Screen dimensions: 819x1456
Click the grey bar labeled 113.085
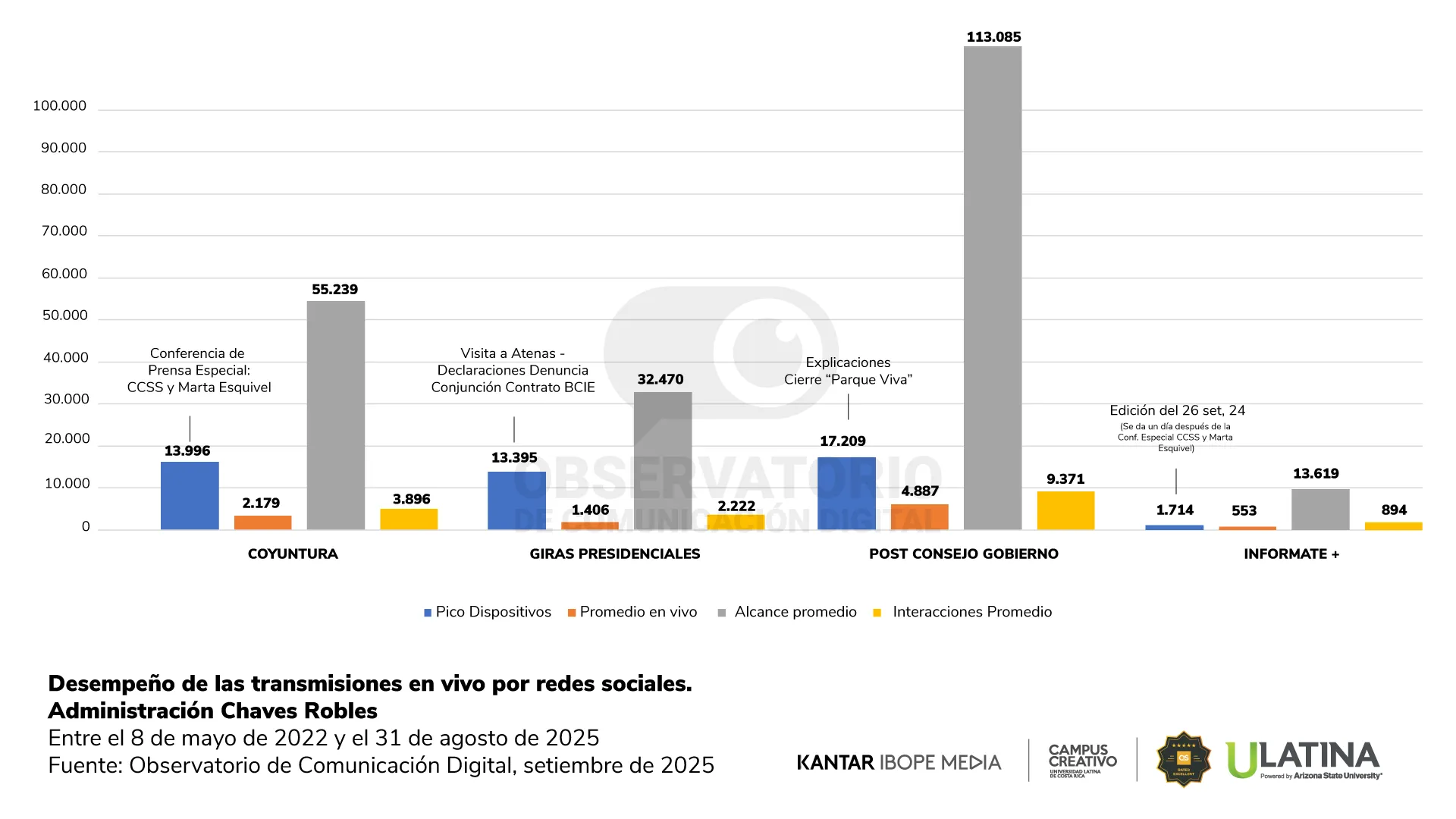tap(993, 288)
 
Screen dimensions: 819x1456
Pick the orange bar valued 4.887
tap(919, 516)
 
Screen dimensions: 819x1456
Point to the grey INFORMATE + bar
tap(1320, 509)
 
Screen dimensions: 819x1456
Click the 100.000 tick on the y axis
tap(60, 106)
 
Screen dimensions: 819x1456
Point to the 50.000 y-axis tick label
tap(65, 315)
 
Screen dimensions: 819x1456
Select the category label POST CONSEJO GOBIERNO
tap(963, 554)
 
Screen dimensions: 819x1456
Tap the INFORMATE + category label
tap(1291, 554)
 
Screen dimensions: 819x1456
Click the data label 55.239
tap(334, 290)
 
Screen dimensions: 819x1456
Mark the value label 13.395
tap(514, 458)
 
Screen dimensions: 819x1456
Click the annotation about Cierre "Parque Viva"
tap(848, 371)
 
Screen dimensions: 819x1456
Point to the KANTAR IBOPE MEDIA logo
tap(899, 762)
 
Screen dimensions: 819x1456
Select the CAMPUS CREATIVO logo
tap(1082, 760)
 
